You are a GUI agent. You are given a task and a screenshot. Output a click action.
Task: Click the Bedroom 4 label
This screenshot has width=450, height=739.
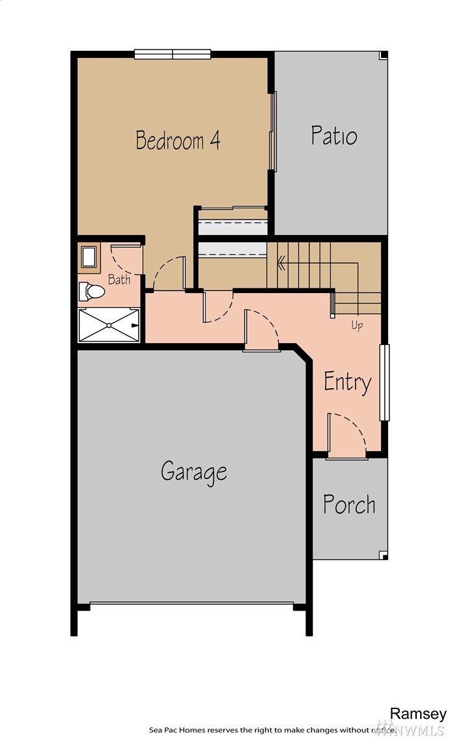[178, 140]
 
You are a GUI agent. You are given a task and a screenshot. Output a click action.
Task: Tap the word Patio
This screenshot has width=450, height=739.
[334, 135]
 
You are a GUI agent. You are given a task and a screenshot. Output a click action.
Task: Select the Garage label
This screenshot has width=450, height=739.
[193, 472]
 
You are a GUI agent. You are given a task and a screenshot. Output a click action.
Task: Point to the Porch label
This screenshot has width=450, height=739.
[349, 505]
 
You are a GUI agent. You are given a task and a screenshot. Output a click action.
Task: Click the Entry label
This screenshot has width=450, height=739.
[348, 382]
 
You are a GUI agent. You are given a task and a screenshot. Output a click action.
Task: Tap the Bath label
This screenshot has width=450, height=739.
[119, 279]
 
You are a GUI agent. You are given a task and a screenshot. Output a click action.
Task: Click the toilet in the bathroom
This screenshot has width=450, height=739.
[91, 292]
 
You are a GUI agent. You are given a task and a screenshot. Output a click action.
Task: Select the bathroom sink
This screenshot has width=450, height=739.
[89, 257]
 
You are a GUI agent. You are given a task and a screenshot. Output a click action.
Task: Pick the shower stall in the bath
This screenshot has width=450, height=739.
[109, 325]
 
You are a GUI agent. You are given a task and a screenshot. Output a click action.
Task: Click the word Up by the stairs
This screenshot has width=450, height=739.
[357, 325]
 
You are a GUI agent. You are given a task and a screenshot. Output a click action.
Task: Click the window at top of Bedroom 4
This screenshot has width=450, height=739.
[173, 54]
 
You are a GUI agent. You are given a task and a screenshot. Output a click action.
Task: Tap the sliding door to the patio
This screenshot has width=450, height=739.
[272, 131]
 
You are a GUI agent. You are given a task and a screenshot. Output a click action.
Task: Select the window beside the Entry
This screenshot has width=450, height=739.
[384, 382]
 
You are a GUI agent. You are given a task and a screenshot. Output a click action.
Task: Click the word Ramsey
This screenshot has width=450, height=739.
[417, 714]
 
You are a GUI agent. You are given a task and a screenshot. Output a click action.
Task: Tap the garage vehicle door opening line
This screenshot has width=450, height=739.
[191, 603]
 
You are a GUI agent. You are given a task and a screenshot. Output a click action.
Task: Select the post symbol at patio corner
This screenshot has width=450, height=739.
[384, 55]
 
